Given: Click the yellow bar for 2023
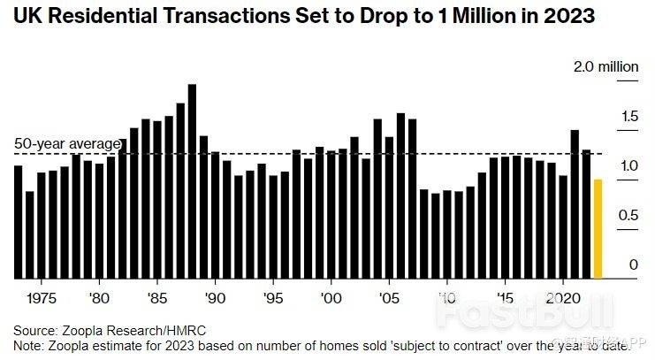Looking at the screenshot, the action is pos(598,229).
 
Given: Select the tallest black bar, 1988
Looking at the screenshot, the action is pos(192,181).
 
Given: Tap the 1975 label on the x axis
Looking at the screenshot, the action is pos(42,298).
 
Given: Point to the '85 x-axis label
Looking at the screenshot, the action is pos(157,298).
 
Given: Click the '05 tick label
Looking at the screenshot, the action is pos(389,298).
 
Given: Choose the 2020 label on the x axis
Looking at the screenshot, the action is pos(563,298).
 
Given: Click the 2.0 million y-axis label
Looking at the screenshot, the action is pos(606,66).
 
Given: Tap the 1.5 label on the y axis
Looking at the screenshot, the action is pos(630,116).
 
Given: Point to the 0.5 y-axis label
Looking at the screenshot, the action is pos(628,215).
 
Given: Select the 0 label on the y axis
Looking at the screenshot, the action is pos(634,264).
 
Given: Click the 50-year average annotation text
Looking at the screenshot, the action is pos(68,143).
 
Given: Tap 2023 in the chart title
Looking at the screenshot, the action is pos(569,16).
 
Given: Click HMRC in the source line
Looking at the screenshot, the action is pos(187,330).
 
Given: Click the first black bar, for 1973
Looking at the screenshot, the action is pos(18,222).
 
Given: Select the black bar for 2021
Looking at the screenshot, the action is pos(575,204).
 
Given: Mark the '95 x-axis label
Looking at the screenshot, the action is pos(273,298).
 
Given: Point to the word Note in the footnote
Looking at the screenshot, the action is pos(27,346).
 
